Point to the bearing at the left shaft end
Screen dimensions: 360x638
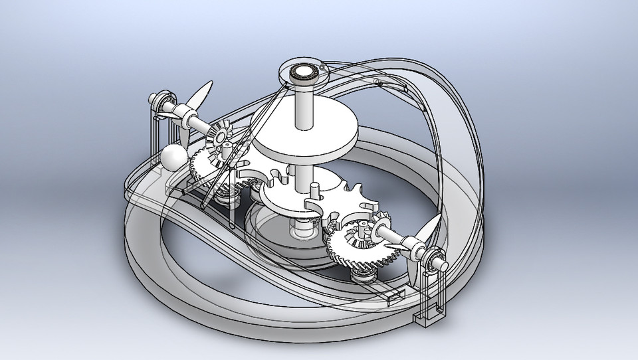coord(157,102)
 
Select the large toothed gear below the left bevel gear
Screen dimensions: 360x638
coord(202,163)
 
